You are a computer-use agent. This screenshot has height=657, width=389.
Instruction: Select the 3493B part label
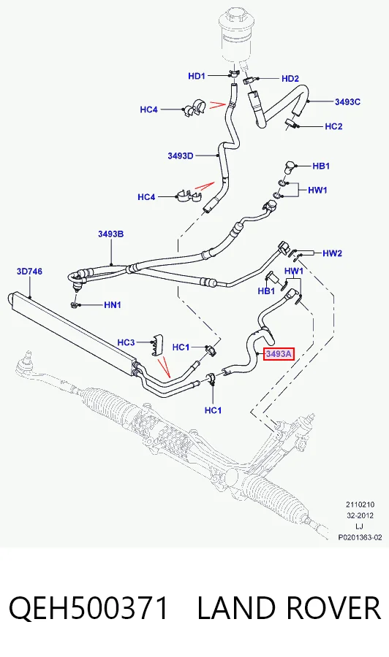pos(111,234)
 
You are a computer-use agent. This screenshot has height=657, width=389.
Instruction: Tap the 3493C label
pos(347,101)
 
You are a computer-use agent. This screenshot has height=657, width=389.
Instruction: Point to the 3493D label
pos(181,156)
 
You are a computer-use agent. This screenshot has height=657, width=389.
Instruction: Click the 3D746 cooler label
pos(29,272)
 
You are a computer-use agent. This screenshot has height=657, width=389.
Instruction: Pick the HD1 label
pos(197,76)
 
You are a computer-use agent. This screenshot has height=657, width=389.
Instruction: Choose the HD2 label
pos(290,79)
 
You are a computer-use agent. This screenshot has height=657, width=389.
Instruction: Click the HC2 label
pos(333,126)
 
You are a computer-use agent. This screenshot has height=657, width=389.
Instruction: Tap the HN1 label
pos(113,305)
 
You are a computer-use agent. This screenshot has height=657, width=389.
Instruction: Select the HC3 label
pos(126,342)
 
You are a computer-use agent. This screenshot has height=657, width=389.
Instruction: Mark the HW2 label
pos(333,253)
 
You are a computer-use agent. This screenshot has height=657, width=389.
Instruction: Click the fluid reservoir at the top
pos(236,37)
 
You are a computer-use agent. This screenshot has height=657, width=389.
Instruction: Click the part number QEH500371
pos(88,607)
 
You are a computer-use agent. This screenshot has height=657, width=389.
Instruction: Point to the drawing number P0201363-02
pos(360,537)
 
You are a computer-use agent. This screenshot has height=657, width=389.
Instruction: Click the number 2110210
pos(360,504)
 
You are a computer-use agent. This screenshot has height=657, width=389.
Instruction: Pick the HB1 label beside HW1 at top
pos(321,166)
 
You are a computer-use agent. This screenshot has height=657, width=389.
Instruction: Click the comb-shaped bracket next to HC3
pos(158,344)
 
